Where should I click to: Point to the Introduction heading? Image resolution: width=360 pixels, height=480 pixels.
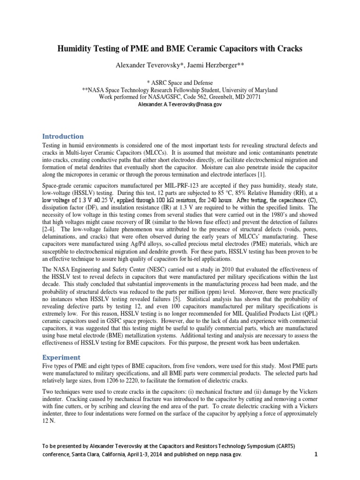click(x=63, y=136)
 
